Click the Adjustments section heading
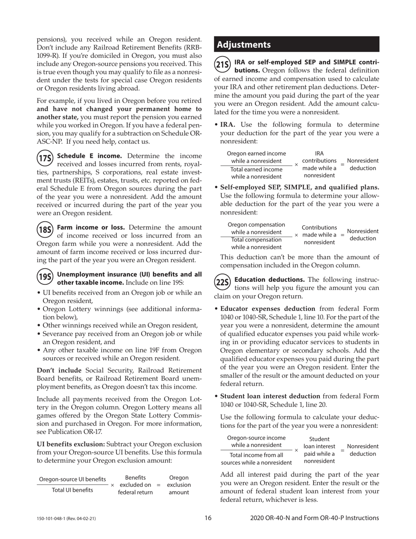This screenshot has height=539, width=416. [x=244, y=45]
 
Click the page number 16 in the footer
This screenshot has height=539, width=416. [x=208, y=518]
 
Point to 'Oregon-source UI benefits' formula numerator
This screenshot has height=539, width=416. [x=73, y=479]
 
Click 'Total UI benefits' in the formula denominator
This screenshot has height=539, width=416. [x=73, y=490]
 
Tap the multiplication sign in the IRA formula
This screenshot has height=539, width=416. [x=296, y=165]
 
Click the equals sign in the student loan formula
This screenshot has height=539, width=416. [x=343, y=450]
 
